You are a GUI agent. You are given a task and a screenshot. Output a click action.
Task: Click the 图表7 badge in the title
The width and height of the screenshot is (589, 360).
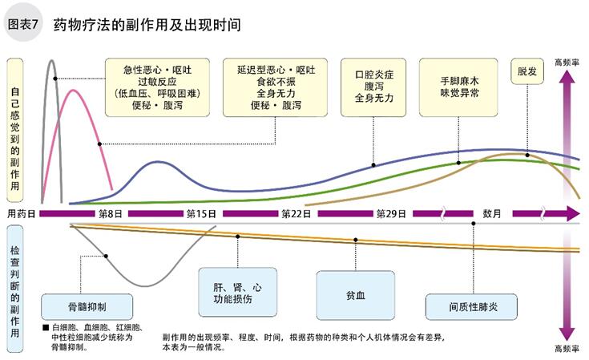(25, 24)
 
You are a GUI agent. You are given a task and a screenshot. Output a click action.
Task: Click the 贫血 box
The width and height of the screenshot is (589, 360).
(355, 294)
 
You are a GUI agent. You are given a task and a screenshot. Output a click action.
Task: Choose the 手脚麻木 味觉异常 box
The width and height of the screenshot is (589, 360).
(460, 87)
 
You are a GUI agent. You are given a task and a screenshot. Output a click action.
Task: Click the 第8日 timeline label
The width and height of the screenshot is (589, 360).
(111, 214)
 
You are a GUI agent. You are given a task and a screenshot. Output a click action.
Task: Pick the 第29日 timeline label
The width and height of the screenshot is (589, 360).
(391, 214)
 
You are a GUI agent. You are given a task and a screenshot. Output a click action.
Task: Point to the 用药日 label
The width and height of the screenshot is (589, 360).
(22, 214)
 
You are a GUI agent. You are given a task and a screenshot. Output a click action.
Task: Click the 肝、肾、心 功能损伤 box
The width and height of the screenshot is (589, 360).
(238, 293)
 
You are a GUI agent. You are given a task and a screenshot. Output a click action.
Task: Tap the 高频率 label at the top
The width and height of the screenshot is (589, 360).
(567, 62)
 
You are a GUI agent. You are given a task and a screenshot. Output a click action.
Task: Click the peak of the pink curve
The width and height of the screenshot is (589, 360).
(74, 91)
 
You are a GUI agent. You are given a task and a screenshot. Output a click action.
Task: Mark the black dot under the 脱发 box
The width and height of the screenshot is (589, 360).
(526, 155)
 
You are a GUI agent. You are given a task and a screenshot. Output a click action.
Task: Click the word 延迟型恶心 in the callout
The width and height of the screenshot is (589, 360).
(259, 70)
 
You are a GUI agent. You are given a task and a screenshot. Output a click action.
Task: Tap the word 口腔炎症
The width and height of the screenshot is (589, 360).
(374, 75)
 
